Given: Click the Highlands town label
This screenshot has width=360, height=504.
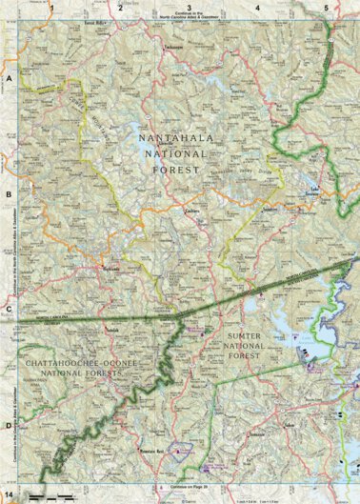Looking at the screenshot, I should [111, 269].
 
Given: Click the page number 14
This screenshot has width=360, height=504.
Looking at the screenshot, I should [9, 496].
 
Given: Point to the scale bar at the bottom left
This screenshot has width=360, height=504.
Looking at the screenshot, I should [48, 496].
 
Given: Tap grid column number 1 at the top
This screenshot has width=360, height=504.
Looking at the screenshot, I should [54, 7].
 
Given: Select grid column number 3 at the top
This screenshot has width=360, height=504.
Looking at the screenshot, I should [190, 7].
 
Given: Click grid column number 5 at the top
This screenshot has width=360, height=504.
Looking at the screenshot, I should [325, 7].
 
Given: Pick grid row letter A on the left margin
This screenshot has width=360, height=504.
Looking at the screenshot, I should [9, 80].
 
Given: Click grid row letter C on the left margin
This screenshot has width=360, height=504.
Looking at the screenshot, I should [9, 309].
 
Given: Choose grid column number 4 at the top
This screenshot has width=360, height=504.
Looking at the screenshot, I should [257, 7].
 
